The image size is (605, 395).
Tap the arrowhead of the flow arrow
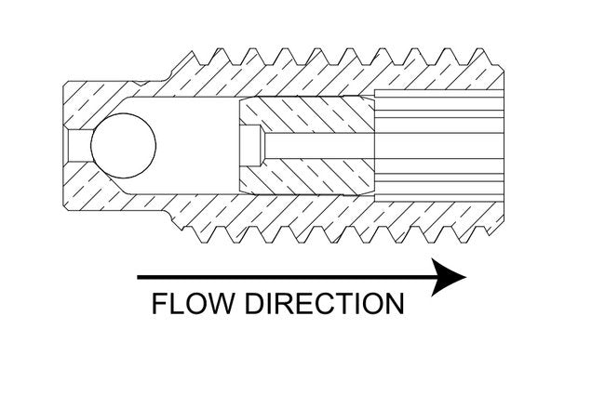click(x=450, y=277)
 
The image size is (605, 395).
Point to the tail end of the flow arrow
click(x=140, y=277)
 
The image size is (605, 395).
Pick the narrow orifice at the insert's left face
click(x=249, y=146)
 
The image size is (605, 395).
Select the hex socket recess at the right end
click(x=437, y=146)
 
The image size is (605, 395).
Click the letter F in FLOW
click(x=158, y=305)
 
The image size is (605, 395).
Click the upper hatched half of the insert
click(x=307, y=116)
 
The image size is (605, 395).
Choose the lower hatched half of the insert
click(x=307, y=176)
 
